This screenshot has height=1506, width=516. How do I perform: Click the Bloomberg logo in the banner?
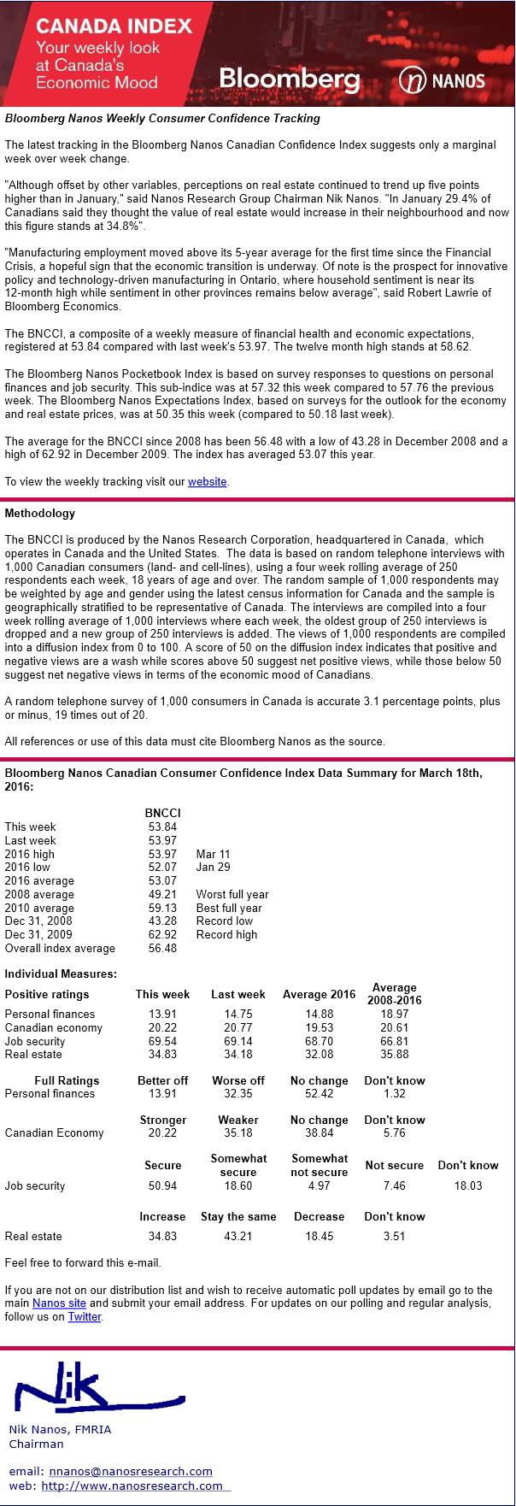[x=289, y=79]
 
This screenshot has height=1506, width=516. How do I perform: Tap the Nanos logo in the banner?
[x=442, y=81]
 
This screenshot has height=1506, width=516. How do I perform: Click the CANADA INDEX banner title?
[x=114, y=26]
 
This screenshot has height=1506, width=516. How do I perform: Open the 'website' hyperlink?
[x=208, y=482]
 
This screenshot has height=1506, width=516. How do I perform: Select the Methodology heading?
[x=40, y=514]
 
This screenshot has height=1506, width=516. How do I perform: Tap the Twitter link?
[x=85, y=1317]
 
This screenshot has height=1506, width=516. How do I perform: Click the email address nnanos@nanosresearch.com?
[x=131, y=1471]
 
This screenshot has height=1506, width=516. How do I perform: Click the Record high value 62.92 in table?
[x=162, y=935]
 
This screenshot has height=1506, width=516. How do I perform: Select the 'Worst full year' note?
[x=232, y=895]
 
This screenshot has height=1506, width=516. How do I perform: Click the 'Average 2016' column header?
[x=319, y=995]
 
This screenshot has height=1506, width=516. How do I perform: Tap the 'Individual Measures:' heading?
[x=61, y=974]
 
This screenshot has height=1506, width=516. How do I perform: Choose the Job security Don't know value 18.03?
[x=468, y=1186]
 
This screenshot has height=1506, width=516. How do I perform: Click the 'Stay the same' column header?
[x=238, y=1217]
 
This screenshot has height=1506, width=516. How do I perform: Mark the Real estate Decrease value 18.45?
[x=320, y=1237]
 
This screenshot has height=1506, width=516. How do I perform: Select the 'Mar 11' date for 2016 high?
[x=213, y=854]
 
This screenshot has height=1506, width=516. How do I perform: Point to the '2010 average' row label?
[x=39, y=909]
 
